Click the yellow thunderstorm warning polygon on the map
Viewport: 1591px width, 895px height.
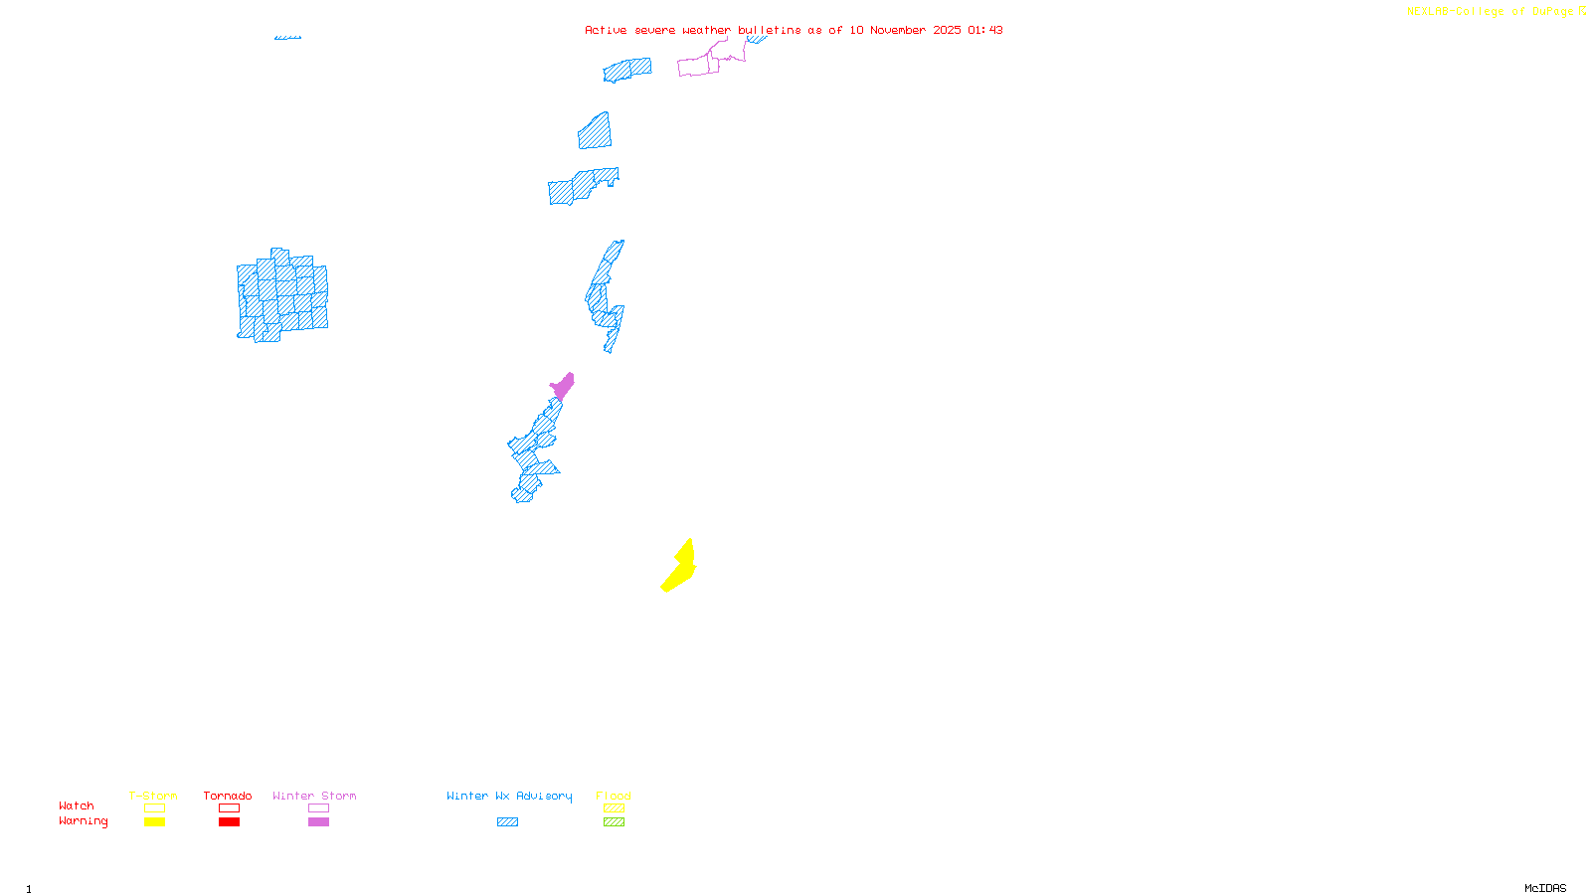pyautogui.click(x=679, y=569)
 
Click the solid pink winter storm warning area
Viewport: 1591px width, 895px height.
pyautogui.click(x=563, y=386)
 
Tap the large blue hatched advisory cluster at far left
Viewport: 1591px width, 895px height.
pyautogui.click(x=282, y=295)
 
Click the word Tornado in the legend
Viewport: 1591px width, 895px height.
pyautogui.click(x=228, y=796)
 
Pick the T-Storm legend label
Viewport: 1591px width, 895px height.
pyautogui.click(x=153, y=796)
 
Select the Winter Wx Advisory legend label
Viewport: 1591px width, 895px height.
pyautogui.click(x=509, y=796)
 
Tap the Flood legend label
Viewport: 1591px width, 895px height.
pyautogui.click(x=614, y=796)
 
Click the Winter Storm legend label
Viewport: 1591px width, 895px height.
pyautogui.click(x=314, y=796)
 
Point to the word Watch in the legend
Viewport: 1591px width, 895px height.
pyautogui.click(x=77, y=805)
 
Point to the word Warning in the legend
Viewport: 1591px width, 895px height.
pyautogui.click(x=84, y=821)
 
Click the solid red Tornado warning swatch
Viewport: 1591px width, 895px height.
pyautogui.click(x=229, y=822)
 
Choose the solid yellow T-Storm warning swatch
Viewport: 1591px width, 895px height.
pyautogui.click(x=154, y=822)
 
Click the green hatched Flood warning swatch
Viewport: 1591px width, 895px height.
pyautogui.click(x=614, y=822)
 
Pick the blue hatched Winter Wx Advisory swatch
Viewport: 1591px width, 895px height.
pyautogui.click(x=507, y=822)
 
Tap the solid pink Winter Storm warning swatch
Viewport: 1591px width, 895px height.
pyautogui.click(x=318, y=822)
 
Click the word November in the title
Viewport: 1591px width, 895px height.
pyautogui.click(x=898, y=30)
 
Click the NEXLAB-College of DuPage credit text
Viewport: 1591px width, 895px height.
pyautogui.click(x=1491, y=12)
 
